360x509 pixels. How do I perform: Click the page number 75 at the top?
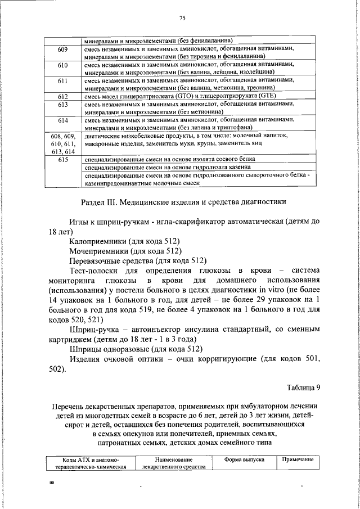(x=182, y=19)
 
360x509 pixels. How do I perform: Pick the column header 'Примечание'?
(x=298, y=460)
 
